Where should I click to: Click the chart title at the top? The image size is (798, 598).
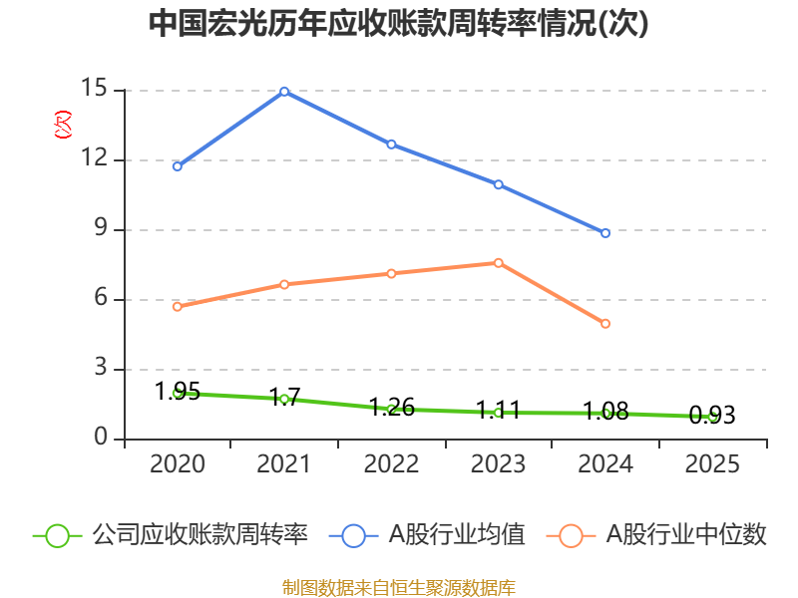pyautogui.click(x=398, y=23)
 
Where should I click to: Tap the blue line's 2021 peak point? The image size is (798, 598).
pyautogui.click(x=284, y=92)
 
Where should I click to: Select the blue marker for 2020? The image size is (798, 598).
pyautogui.click(x=178, y=166)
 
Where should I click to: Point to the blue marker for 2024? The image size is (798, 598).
pyautogui.click(x=605, y=233)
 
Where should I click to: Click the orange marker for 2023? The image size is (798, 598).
pyautogui.click(x=498, y=263)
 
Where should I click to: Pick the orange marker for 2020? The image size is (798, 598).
pyautogui.click(x=178, y=307)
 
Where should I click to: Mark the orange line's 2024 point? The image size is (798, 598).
pyautogui.click(x=605, y=323)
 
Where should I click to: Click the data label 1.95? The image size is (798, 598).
pyautogui.click(x=178, y=391)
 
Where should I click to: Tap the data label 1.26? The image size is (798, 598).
pyautogui.click(x=391, y=408)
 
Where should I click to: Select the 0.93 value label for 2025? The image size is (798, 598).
pyautogui.click(x=712, y=415)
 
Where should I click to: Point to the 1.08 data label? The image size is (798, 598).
pyautogui.click(x=605, y=412)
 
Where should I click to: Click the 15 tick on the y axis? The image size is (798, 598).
pyautogui.click(x=94, y=88)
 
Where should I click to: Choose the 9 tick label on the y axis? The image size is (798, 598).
pyautogui.click(x=101, y=228)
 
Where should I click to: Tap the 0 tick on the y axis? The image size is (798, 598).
pyautogui.click(x=101, y=437)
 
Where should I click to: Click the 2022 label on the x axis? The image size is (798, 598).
pyautogui.click(x=391, y=464)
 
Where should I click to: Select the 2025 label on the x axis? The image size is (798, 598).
pyautogui.click(x=712, y=464)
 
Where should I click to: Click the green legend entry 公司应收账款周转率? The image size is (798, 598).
pyautogui.click(x=171, y=535)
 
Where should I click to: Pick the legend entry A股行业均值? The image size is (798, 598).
pyautogui.click(x=427, y=535)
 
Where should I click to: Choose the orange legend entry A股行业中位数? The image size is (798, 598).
pyautogui.click(x=656, y=535)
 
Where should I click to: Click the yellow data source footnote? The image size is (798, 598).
pyautogui.click(x=399, y=588)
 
